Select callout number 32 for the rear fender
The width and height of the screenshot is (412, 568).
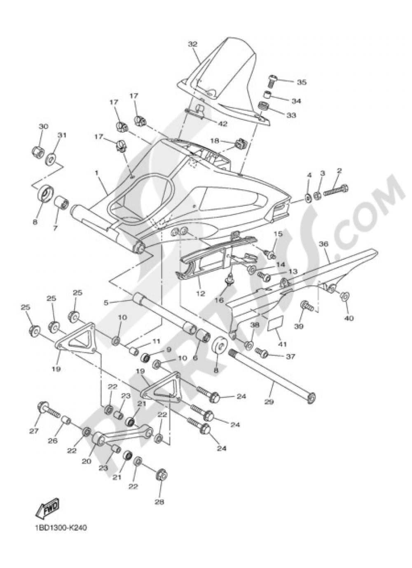click(x=193, y=44)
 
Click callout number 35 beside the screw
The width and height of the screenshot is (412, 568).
click(x=302, y=82)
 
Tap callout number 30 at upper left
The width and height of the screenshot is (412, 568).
click(x=43, y=126)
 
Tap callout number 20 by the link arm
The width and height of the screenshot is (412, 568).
click(x=86, y=461)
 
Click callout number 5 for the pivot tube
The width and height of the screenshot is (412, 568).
click(x=106, y=303)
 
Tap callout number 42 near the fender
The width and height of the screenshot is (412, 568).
click(x=222, y=124)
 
